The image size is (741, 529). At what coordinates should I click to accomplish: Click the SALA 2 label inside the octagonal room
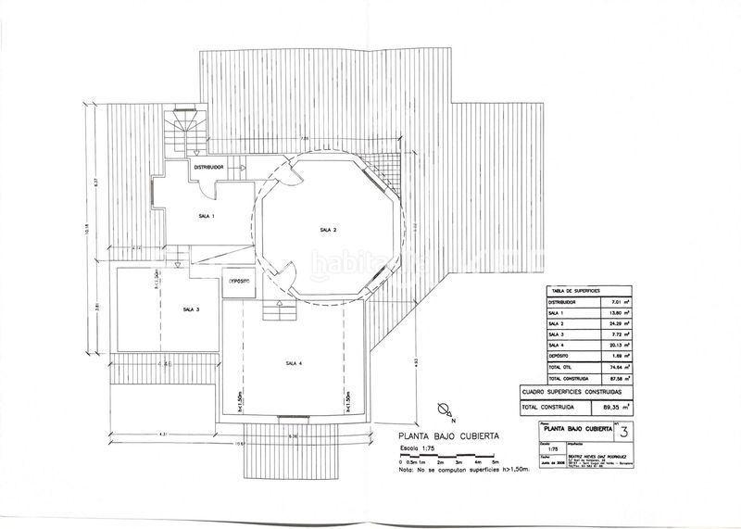click(327, 230)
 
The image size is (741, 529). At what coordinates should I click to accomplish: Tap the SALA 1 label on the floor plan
click(206, 215)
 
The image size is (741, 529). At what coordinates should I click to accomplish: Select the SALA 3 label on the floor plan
click(191, 309)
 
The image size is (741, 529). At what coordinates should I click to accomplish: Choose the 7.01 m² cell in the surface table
click(616, 301)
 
